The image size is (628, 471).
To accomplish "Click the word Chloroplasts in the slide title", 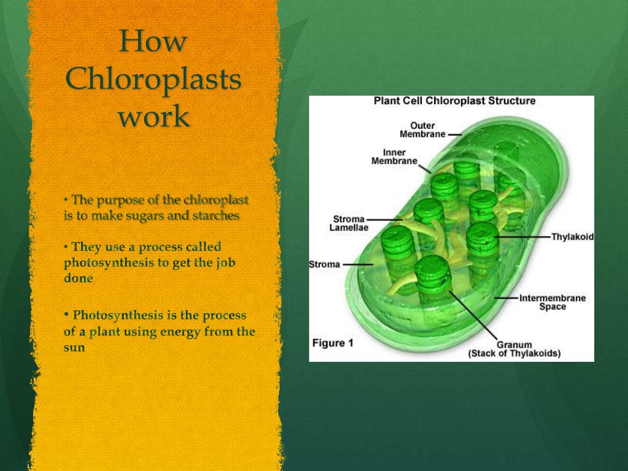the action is coord(153,80).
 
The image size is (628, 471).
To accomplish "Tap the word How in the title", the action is coord(153,42).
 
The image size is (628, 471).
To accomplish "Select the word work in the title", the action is coord(153,117).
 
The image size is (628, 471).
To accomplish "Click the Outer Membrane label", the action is coord(423,130).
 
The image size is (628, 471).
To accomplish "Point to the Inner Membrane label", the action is coord(394,156).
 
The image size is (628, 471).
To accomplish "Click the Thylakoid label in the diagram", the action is coord(572,237).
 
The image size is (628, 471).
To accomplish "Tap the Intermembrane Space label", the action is coord(553,302).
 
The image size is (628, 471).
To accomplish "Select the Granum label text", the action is coord(514,345).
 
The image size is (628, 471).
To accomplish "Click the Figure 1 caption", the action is coord(332,343).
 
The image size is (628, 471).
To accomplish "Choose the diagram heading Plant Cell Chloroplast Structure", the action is coord(454,101).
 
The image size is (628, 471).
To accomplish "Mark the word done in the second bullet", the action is coord(78,278).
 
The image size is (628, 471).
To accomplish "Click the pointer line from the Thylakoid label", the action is coord(521,236).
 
